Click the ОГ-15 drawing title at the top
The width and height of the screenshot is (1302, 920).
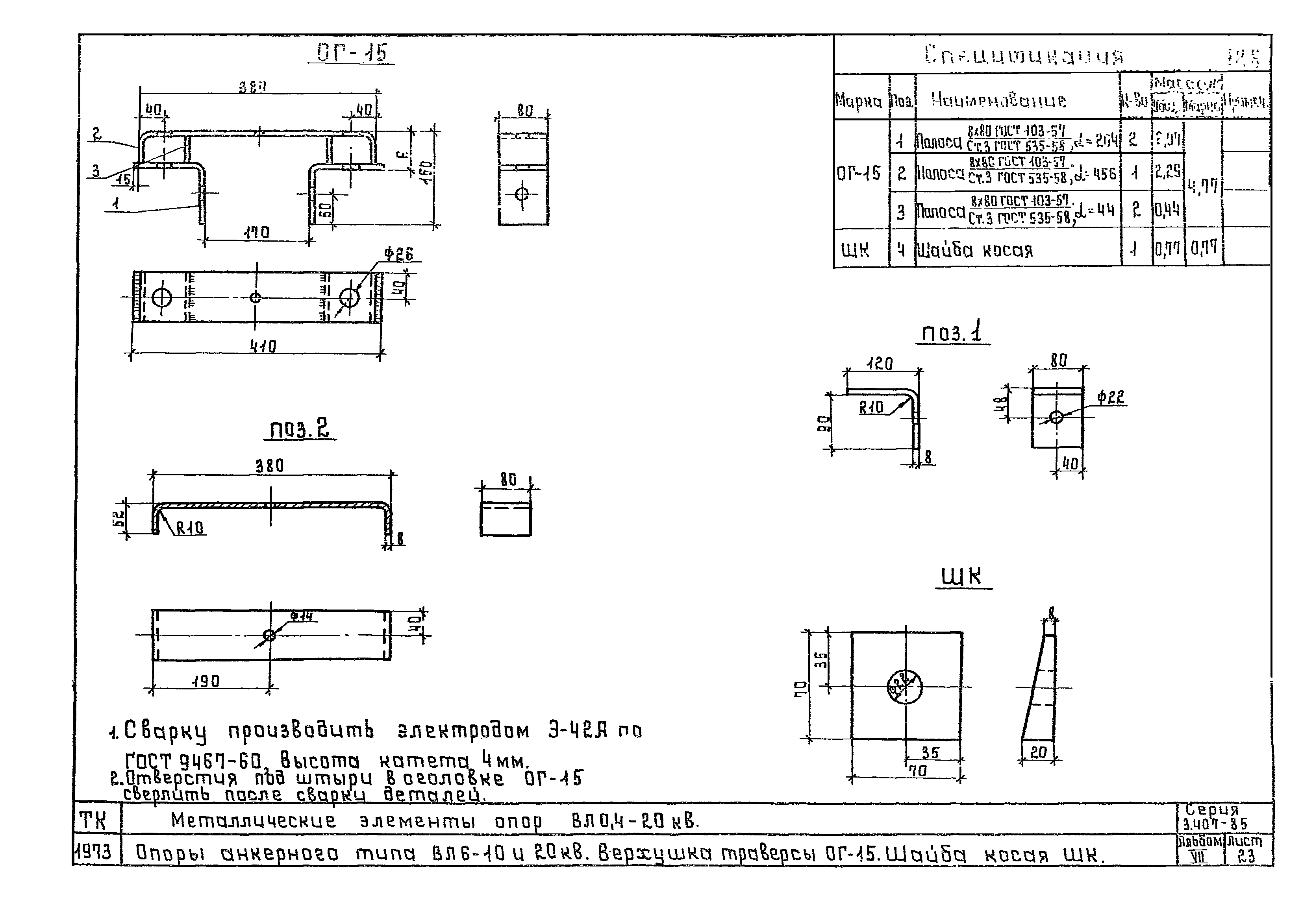point(352,53)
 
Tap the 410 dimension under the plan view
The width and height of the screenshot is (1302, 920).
point(263,346)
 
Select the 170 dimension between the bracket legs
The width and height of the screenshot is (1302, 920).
point(256,233)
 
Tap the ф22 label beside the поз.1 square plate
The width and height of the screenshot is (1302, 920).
point(1110,397)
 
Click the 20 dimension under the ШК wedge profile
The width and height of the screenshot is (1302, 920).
point(1038,752)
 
